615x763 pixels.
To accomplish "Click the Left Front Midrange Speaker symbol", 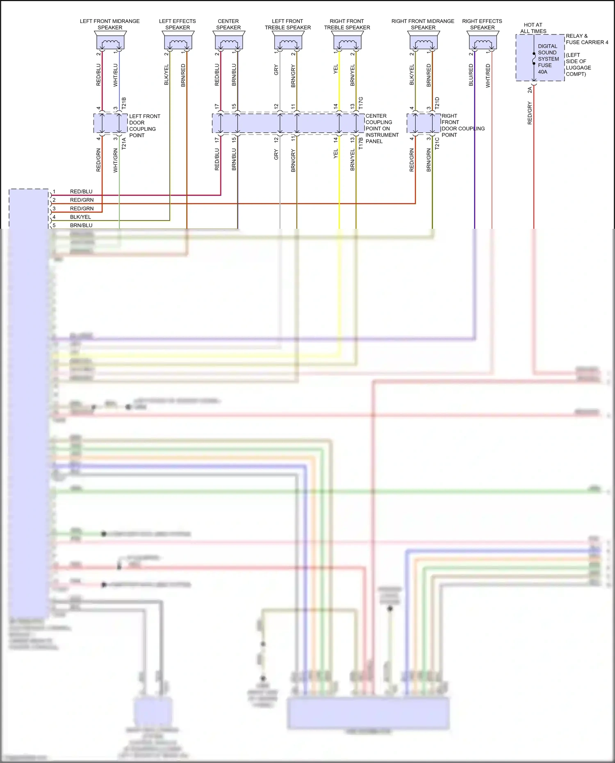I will tap(110, 41).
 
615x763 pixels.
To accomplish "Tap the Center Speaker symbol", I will tap(229, 41).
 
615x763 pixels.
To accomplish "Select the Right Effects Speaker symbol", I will tap(483, 41).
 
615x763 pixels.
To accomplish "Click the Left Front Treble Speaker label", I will tap(287, 24).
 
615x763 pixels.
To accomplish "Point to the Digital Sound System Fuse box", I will tap(540, 58).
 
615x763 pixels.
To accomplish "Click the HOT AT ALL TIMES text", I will tap(533, 28).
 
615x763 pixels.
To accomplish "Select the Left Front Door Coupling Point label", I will tap(144, 125).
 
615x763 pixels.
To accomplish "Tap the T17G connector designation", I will tap(361, 102).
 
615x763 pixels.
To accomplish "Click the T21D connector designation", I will tap(437, 102).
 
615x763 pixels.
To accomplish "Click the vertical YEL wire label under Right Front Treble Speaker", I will tap(335, 69).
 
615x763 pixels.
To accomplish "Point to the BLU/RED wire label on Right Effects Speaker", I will tap(471, 75).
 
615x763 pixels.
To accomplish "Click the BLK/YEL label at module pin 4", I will tap(80, 217).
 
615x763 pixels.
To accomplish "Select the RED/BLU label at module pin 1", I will tap(81, 191).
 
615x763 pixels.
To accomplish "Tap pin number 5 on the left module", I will tap(54, 225).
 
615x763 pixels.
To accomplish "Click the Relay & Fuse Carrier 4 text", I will tap(587, 39).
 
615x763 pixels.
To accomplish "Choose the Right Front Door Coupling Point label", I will tap(462, 125).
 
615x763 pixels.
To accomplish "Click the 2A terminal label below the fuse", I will tap(529, 90).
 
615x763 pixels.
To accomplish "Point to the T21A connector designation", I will tap(124, 143).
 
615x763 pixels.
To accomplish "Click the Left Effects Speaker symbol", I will tap(178, 41).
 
